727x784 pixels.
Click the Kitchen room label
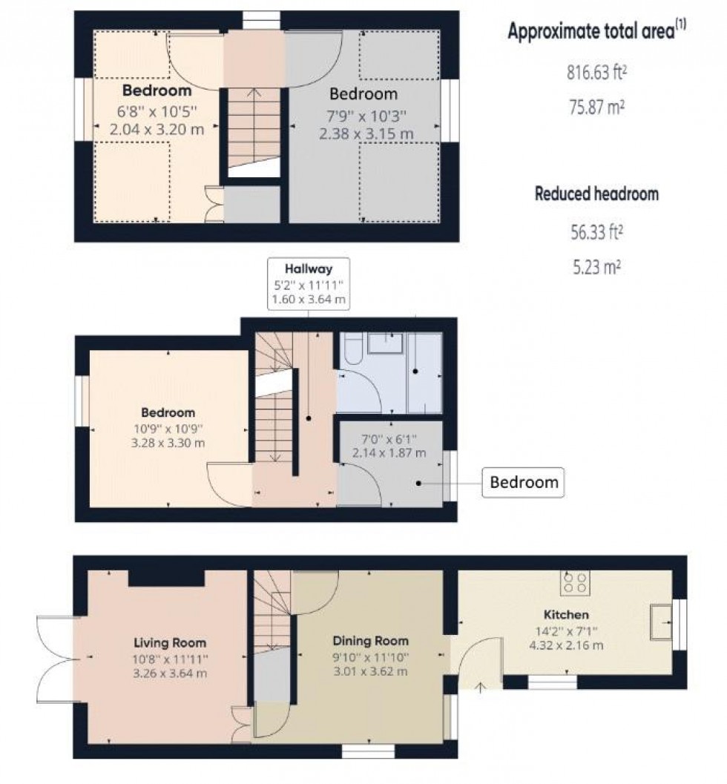tap(565, 615)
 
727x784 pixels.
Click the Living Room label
tap(170, 642)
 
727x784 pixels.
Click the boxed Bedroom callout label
tap(523, 482)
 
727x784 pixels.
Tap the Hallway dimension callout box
tap(311, 283)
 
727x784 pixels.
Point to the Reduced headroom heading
tap(596, 194)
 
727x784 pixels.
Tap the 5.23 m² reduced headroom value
tap(595, 266)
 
